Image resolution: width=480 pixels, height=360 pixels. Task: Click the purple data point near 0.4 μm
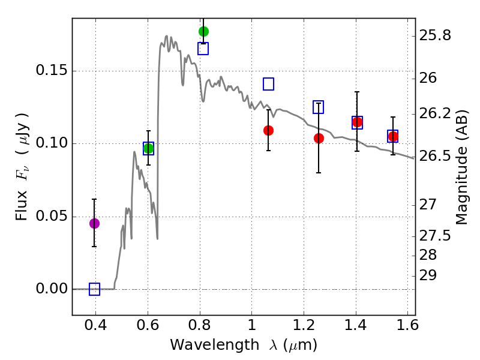94,223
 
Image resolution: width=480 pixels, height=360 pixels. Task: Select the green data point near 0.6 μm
148,148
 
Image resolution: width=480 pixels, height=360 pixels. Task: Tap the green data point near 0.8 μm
203,31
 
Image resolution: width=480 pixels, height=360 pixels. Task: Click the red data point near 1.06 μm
268,130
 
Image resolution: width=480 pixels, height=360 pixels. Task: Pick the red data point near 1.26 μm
319,138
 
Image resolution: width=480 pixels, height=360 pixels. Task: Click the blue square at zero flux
94,289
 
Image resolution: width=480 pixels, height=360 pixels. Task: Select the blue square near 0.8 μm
203,49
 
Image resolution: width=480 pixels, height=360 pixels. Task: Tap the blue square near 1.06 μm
268,84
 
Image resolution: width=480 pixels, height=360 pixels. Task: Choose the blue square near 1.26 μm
318,107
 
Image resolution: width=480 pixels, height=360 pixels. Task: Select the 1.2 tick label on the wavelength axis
303,327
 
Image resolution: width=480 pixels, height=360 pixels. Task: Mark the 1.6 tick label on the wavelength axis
407,327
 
